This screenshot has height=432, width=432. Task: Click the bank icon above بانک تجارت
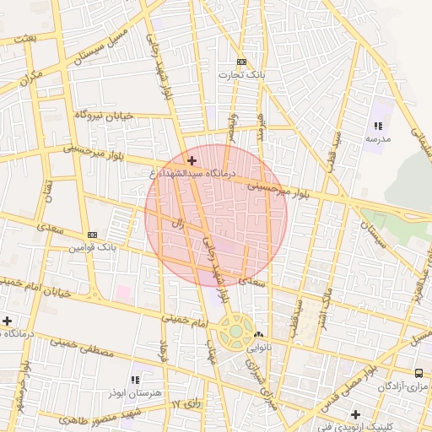point(242,62)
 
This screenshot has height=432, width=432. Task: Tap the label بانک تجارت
point(242,74)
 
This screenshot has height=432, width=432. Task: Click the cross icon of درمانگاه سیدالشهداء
point(192,160)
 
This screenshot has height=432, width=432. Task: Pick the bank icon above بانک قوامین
point(92,235)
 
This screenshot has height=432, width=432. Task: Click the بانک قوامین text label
point(91,248)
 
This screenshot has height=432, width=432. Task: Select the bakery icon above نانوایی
point(259,334)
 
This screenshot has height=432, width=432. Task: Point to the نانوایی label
point(259,347)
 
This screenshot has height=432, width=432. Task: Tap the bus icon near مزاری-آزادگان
point(419,373)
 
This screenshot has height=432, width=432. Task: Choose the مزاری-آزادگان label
point(403,386)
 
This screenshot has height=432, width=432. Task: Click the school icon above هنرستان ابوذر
point(136,381)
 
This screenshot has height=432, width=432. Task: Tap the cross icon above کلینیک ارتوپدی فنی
point(356,414)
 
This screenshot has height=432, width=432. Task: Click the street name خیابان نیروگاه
point(105,115)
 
